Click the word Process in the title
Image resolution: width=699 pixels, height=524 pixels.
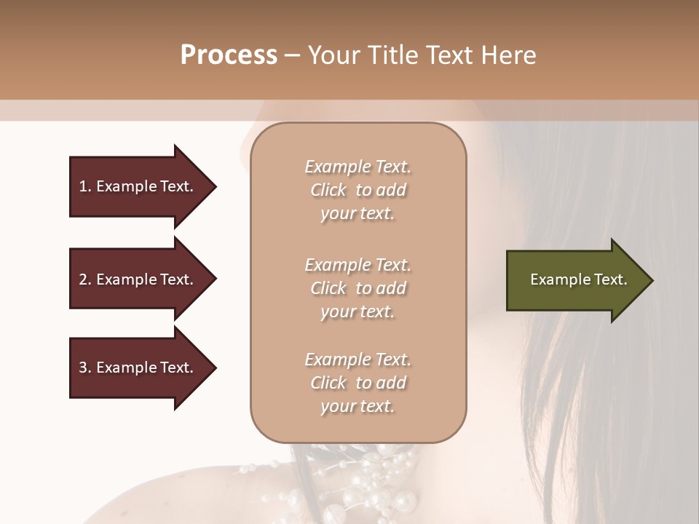229,55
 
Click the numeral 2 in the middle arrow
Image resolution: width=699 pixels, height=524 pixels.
83,279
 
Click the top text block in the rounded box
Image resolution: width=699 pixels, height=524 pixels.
358,190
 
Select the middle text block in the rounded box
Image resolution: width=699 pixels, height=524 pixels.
358,288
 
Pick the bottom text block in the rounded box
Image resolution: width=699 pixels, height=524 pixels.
358,383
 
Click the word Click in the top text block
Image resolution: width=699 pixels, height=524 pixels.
328,190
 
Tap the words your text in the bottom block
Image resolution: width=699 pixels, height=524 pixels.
358,406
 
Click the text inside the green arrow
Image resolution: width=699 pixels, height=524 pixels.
578,280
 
